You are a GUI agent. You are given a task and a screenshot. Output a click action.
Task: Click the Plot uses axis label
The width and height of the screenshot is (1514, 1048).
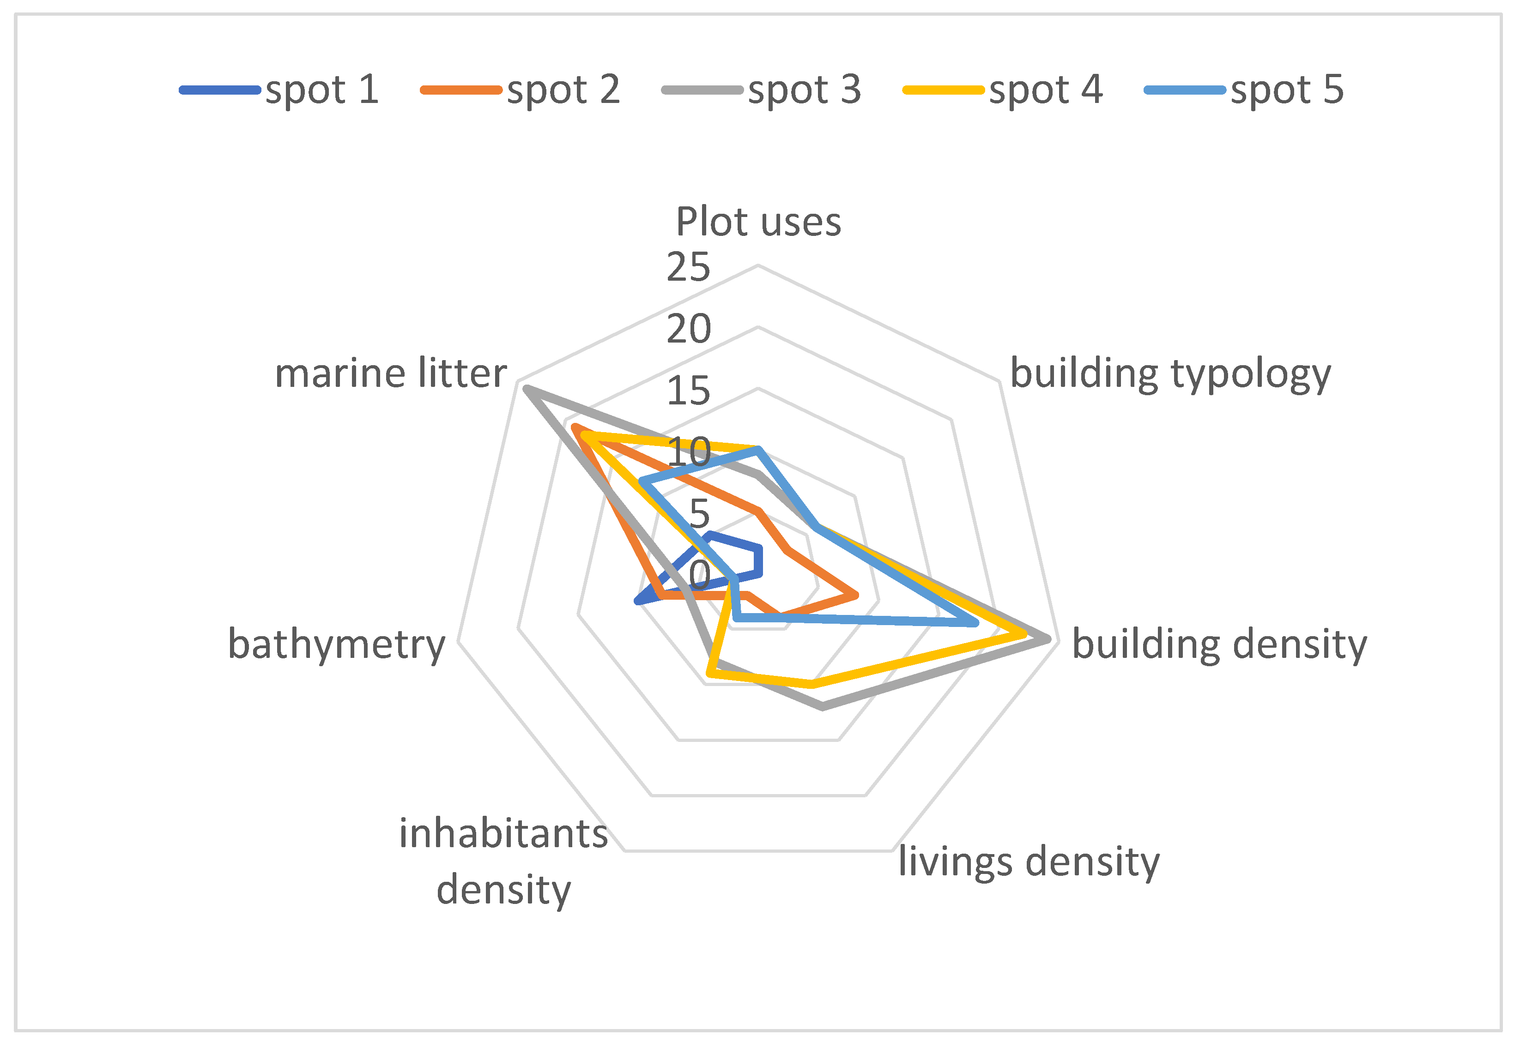(758, 222)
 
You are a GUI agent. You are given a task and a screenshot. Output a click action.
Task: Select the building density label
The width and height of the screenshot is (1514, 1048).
(1219, 644)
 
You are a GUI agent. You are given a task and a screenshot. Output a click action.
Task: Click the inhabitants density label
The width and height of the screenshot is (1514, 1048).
(504, 861)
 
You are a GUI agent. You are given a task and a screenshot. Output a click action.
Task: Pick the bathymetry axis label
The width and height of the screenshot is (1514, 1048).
(336, 644)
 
